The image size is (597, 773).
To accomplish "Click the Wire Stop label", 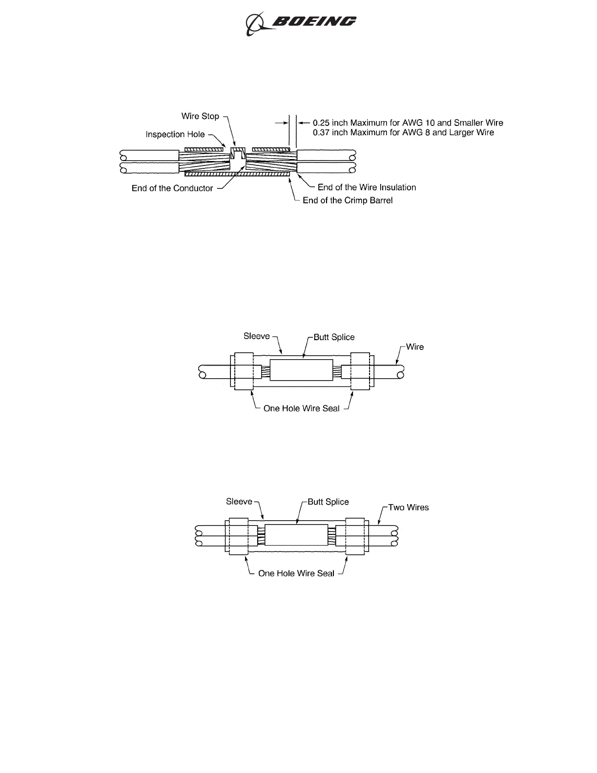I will (200, 116).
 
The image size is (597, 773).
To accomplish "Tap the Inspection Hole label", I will (175, 134).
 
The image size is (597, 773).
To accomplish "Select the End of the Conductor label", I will (172, 188).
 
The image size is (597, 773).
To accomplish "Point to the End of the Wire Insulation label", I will (367, 187).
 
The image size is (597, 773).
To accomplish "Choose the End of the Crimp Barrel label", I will (348, 201).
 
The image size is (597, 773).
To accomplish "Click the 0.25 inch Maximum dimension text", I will (408, 123).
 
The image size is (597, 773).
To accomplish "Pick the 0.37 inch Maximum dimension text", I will (403, 133).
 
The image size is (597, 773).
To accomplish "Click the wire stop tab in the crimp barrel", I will (238, 155).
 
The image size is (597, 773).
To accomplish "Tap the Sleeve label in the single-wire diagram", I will (256, 336).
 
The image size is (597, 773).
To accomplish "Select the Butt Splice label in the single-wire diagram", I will (334, 337).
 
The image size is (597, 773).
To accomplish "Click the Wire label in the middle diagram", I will (415, 347).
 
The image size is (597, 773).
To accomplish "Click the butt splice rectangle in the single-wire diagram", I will (301, 370).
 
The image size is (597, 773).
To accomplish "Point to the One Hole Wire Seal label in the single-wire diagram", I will (301, 408).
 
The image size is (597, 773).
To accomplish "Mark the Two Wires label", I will (408, 508).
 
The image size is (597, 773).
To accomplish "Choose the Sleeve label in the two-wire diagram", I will (239, 502).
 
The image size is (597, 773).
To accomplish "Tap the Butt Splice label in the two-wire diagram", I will (328, 502).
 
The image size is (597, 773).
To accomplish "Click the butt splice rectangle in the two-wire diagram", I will (296, 535).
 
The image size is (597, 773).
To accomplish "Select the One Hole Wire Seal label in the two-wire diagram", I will (296, 573).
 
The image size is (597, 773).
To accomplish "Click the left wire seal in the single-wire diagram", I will (244, 371).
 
